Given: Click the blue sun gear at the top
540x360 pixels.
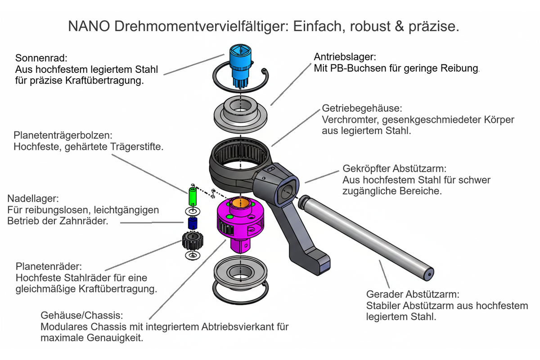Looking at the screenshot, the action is [240, 65].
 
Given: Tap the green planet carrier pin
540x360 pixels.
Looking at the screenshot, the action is [193, 197].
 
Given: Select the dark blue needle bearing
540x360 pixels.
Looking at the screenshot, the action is [193, 223].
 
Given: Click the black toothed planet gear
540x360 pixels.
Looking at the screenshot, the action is [193, 241].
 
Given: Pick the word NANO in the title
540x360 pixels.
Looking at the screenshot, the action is [89, 26].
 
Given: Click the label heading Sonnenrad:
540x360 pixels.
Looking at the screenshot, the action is [41, 58].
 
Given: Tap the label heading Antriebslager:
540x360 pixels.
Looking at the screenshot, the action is [345, 57].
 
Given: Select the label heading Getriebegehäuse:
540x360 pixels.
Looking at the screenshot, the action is [362, 108].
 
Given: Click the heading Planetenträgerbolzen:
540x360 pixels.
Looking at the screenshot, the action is [63, 135].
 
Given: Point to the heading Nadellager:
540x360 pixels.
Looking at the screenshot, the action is [33, 198].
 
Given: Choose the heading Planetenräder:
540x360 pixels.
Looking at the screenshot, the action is [49, 266].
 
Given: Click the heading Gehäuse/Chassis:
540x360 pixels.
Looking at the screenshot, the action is [82, 315].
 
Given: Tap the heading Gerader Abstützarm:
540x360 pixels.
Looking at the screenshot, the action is [413, 294].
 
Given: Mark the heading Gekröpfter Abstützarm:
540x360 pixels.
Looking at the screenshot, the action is [394, 169].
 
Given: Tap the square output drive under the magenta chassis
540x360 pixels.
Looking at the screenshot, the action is [240, 245].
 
